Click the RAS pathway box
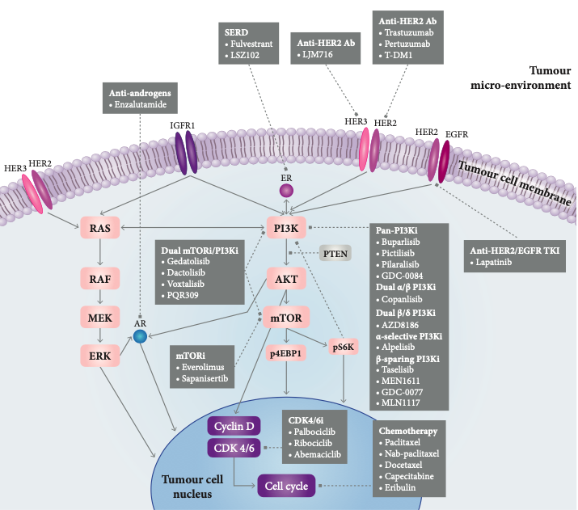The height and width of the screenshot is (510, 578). pos(100,228)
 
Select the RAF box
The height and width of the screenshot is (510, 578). pos(100,279)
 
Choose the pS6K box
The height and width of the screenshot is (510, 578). pos(343,346)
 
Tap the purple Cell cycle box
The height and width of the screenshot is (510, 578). pos(285,486)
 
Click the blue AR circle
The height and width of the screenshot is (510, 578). pos(141,336)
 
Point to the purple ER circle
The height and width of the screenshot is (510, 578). pos(285,191)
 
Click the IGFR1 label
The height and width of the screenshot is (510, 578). pos(183,125)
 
